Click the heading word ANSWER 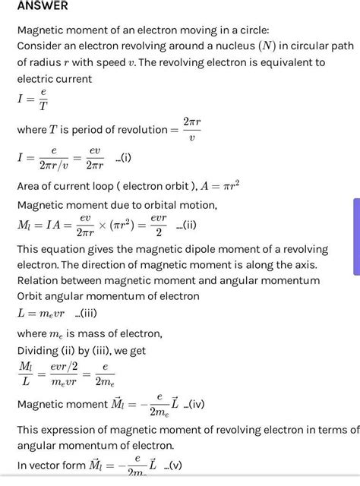point(43,6)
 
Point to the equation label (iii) point(86,313)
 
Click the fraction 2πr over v point(191,129)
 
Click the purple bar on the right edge point(355,235)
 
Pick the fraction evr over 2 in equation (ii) point(158,225)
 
